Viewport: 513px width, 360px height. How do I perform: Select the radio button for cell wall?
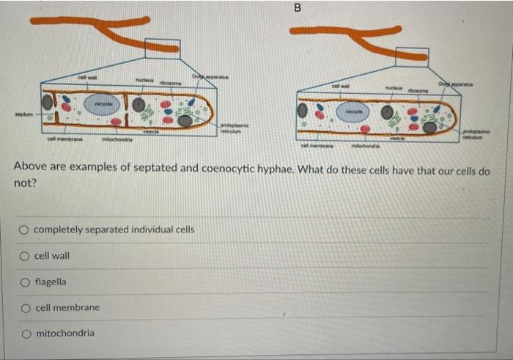pyautogui.click(x=25, y=256)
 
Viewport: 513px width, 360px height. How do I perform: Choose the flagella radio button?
pyautogui.click(x=25, y=282)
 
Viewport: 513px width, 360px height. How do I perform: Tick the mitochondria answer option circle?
pyautogui.click(x=25, y=333)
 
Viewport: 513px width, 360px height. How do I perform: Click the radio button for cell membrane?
pyautogui.click(x=25, y=307)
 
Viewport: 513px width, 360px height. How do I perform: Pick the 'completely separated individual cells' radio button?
pyautogui.click(x=25, y=229)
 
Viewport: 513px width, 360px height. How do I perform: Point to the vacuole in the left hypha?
pyautogui.click(x=96, y=104)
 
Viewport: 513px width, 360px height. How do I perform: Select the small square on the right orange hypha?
pyautogui.click(x=411, y=56)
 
